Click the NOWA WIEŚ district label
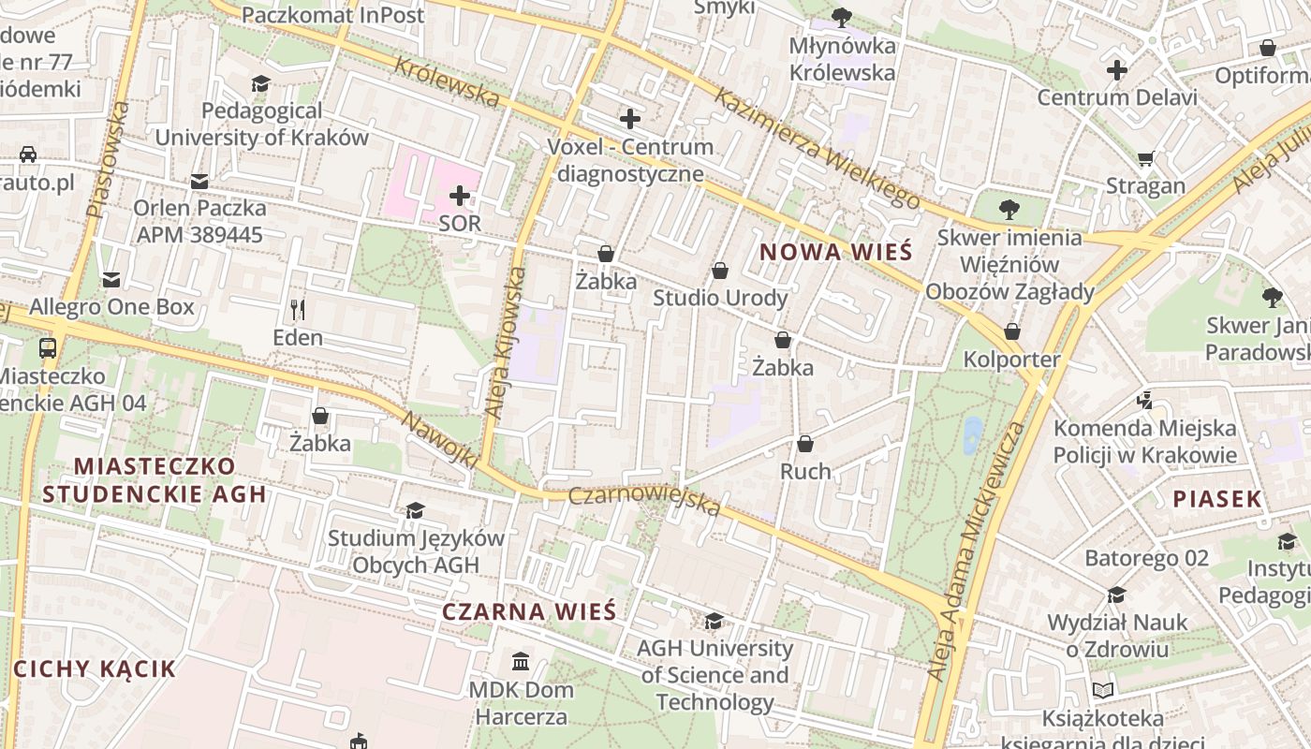coord(835,252)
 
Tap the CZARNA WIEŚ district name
coord(528,612)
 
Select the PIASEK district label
coord(1217,499)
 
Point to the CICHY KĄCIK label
coord(95,668)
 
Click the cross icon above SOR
coord(459,196)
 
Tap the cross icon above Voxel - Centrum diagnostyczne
coord(630,119)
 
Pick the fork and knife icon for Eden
coord(298,309)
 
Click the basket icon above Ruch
coord(805,444)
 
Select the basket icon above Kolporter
coord(1011,331)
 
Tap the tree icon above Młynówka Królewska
coord(842,17)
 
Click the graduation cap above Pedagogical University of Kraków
coord(260,84)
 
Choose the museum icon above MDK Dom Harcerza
coord(521,663)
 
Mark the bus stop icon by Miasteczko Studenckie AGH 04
coord(47,348)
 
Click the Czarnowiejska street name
coord(645,500)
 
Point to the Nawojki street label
coord(440,439)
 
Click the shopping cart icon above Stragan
coord(1145,158)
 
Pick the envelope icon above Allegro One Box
coord(111,279)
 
